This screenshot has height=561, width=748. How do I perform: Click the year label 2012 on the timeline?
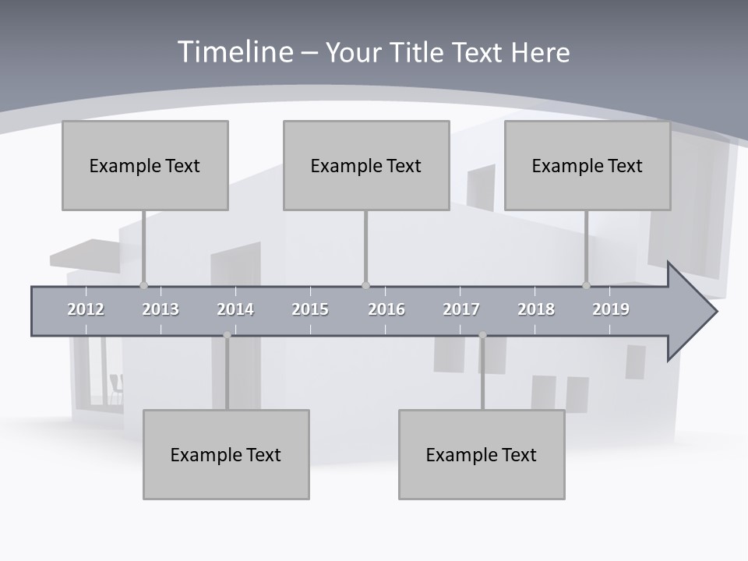pos(86,309)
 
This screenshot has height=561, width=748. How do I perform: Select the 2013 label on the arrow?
pos(161,309)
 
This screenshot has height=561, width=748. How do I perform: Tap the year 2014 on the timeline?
pos(235,309)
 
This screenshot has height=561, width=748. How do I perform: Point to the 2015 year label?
pos(310,309)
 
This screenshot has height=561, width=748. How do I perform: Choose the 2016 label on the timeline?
pos(386,309)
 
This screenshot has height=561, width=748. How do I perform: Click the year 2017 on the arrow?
pos(461,309)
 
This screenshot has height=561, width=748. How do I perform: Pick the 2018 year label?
pos(536,309)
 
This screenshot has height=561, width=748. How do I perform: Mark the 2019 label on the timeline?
pos(611,309)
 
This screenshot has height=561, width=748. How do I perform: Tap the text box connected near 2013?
pos(145,165)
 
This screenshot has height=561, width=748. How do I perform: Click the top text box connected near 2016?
pos(366,165)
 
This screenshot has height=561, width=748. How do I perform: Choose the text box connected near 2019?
pos(587,165)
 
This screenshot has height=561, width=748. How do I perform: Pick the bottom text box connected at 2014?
pos(226,454)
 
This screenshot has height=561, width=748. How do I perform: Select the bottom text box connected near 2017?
pos(482,454)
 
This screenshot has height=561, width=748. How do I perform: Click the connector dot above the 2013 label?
pos(143,285)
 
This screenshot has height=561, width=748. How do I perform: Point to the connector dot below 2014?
pos(227,335)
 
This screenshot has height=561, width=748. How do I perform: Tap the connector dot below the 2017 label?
pos(482,335)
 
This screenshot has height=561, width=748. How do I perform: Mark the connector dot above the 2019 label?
pos(587,285)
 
